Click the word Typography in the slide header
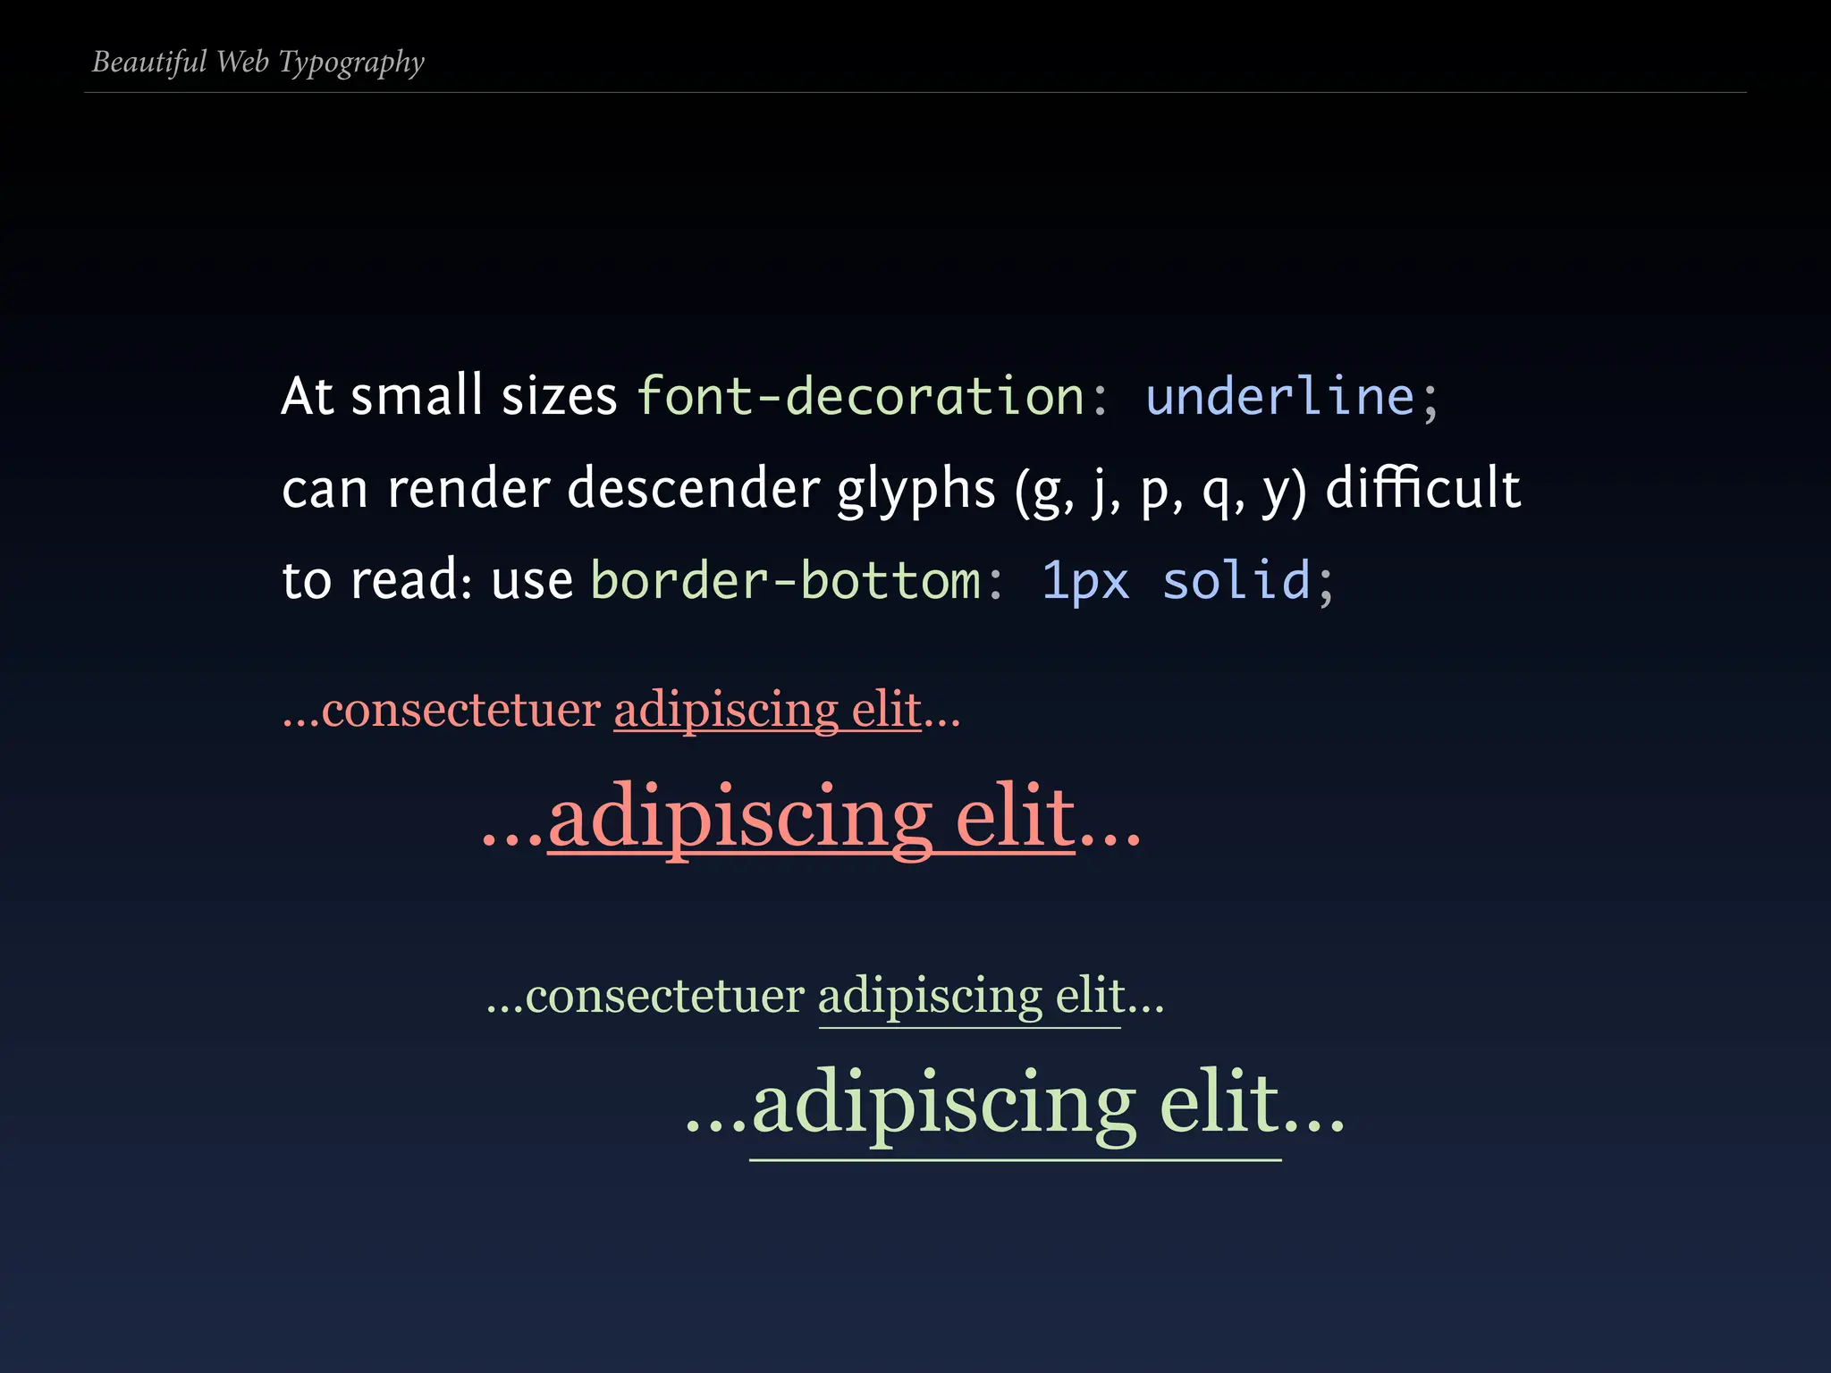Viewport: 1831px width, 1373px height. pos(351,63)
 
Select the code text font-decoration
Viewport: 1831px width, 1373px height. pos(860,396)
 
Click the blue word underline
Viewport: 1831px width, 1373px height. pos(1279,396)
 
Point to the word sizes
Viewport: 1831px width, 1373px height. pos(559,396)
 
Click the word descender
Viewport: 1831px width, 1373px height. pos(693,489)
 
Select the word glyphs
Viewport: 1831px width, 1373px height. pos(915,491)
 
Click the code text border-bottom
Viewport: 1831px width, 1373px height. pos(786,581)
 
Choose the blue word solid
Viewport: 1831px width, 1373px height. pos(1236,581)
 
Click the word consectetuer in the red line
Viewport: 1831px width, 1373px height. pos(461,711)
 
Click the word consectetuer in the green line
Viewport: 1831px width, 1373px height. pos(665,996)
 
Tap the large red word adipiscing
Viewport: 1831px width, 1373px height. pos(739,818)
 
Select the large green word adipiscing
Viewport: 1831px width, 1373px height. pos(943,1105)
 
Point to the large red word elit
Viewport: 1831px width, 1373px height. pos(1015,816)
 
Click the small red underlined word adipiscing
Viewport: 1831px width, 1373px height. pos(726,712)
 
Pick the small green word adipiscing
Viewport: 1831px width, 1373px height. pos(930,997)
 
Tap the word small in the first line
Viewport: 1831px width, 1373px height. pos(417,396)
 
